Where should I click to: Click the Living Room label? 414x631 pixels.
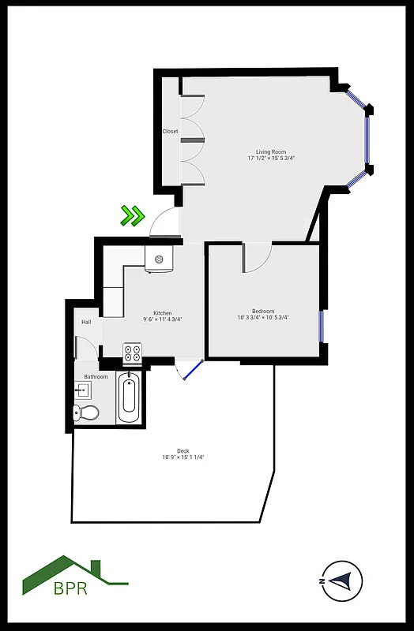270,151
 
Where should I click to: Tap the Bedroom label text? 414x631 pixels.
263,312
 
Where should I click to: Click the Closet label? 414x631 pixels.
170,132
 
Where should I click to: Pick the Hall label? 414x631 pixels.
86,322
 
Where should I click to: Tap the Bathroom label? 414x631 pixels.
96,377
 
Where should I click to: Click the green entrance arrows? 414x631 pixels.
132,215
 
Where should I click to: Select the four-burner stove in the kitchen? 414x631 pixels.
132,353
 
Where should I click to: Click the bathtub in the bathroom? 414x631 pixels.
130,398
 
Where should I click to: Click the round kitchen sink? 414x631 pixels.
159,259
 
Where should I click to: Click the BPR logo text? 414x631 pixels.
70,588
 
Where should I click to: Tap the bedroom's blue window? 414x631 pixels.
322,326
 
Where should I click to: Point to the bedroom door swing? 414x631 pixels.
258,257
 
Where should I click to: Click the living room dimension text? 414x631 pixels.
270,159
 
